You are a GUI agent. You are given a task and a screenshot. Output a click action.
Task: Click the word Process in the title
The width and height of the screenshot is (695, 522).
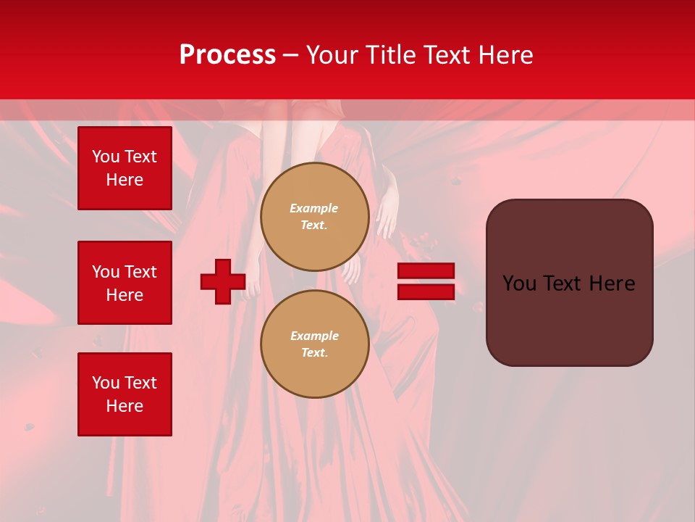coord(227,55)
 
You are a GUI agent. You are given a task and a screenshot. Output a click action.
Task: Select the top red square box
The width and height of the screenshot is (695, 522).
coord(125,168)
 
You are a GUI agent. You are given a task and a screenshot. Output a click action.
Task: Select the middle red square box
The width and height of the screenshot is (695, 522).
coord(125,283)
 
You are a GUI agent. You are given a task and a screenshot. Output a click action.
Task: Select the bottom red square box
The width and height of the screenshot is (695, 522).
coord(125,394)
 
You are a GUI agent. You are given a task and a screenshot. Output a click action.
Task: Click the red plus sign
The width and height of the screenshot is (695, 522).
coord(223,281)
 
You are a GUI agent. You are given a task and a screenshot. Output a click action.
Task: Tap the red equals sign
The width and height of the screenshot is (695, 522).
coord(426,281)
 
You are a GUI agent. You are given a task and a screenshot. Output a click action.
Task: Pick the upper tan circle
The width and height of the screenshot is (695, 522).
coord(315,217)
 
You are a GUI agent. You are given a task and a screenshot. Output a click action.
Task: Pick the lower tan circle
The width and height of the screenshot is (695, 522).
coord(315,344)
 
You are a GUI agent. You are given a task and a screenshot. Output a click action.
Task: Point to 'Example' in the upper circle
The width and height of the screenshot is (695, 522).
coord(314,208)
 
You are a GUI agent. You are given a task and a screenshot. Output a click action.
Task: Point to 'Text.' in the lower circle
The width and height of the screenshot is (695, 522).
coord(315,353)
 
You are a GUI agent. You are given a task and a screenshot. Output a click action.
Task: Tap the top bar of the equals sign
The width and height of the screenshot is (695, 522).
coord(426,271)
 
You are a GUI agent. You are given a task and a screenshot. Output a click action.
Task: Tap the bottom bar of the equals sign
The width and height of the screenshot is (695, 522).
coord(426,291)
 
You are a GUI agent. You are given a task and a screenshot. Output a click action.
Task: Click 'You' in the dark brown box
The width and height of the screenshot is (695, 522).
coord(519,283)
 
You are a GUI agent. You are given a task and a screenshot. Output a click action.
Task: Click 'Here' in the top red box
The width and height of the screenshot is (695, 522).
coord(125,180)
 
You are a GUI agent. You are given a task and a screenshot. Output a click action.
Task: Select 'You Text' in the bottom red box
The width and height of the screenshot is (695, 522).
coord(125,383)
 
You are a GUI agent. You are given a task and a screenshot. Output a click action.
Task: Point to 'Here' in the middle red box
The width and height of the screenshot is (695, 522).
coord(125,295)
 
